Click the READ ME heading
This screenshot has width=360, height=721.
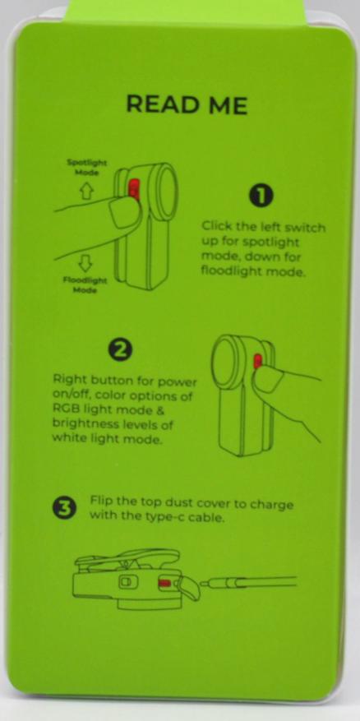tap(187, 104)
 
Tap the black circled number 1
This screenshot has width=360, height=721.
tap(261, 196)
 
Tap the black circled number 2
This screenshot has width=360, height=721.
tap(121, 350)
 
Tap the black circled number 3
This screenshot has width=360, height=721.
tap(66, 509)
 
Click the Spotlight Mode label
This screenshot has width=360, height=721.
tap(87, 167)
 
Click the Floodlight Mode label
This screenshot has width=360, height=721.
tap(85, 285)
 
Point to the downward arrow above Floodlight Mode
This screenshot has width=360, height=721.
tap(85, 263)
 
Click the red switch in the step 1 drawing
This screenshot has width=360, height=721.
tap(134, 189)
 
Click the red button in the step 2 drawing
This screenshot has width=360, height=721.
tap(257, 361)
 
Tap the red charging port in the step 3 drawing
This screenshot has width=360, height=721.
tap(164, 584)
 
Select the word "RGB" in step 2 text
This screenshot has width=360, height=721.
tap(65, 410)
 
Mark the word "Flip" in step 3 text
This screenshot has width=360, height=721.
tap(99, 501)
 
